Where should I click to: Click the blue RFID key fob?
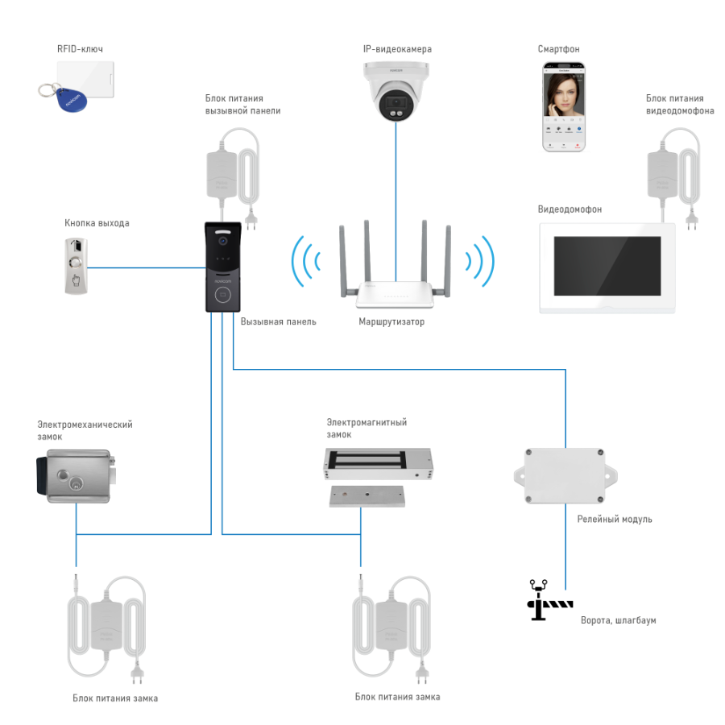(x=64, y=100)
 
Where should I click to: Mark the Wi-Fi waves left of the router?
(x=305, y=261)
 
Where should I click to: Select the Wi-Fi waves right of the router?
(x=481, y=261)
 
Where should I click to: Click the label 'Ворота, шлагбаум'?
(x=619, y=620)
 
